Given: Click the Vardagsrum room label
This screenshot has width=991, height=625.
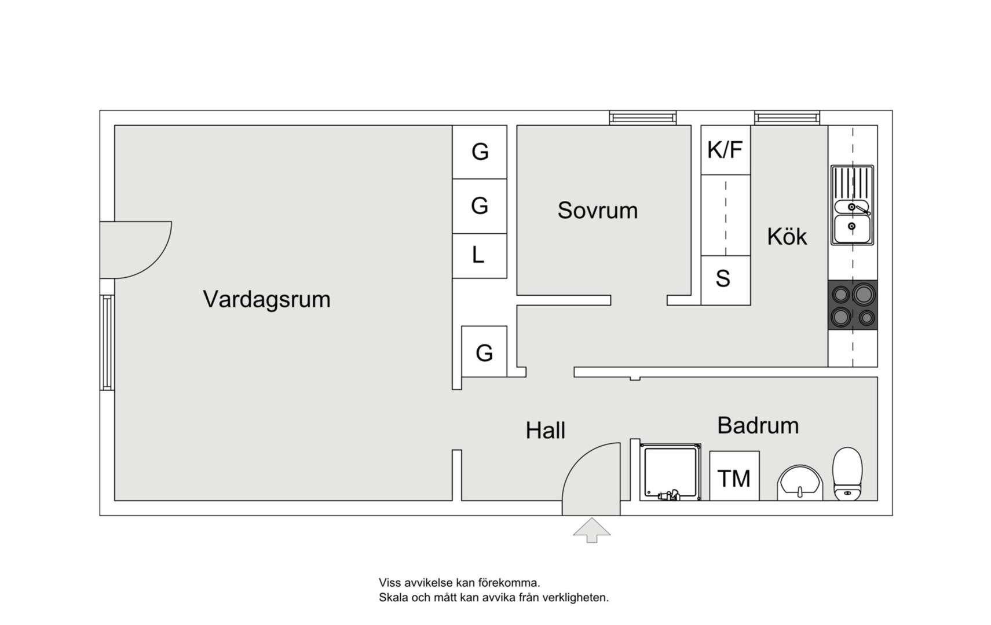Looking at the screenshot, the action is coord(267,299).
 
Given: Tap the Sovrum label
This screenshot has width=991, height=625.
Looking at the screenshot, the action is coord(598,211).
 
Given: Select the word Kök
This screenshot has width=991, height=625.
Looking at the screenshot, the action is coord(787,236).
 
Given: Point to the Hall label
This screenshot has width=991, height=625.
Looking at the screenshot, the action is coord(546,430).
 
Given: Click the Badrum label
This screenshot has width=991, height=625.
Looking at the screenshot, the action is coord(758,426).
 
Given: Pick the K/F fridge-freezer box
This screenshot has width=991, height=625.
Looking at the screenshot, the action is coord(726,150).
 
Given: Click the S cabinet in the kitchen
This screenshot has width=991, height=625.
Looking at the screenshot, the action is coord(726,280).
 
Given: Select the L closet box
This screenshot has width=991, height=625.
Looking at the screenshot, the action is coord(480,256).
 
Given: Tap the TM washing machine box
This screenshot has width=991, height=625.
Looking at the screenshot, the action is coord(734,476).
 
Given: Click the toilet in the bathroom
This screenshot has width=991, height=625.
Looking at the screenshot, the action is coord(847,474).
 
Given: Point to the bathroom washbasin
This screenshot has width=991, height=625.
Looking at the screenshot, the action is coord(800,483).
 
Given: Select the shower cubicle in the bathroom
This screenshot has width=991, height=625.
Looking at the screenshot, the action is coord(670,472).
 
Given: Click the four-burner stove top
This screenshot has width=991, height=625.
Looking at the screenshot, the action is coord(853,304).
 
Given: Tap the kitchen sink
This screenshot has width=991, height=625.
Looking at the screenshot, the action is coord(852,205).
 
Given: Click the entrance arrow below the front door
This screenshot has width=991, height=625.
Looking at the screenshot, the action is coord(592,531).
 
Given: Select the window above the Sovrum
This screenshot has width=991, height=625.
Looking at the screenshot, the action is coord(643,117).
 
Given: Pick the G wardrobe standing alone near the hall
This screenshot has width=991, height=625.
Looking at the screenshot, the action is coord(484,351).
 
